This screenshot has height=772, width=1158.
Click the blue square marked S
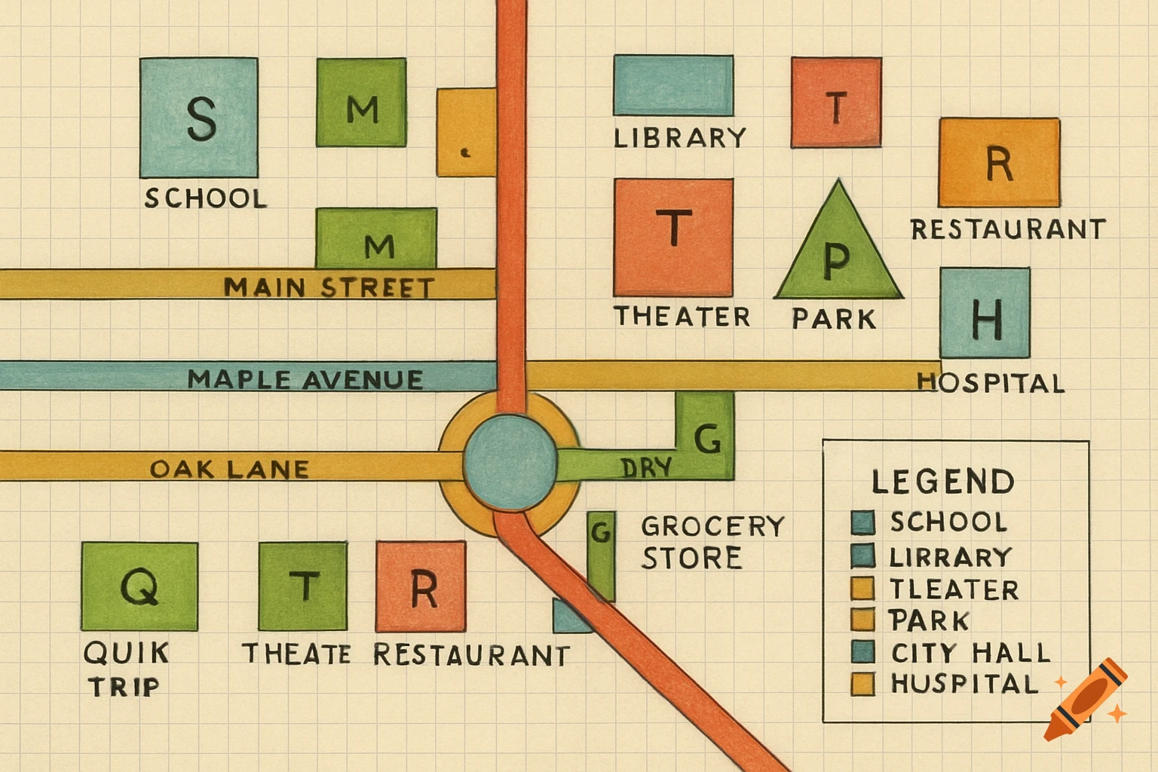point(199,118)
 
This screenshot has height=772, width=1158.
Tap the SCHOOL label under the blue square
point(205,198)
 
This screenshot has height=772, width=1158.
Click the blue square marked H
point(985,312)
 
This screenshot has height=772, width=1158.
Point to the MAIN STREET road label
point(329,287)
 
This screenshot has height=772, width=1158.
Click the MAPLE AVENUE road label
point(305,378)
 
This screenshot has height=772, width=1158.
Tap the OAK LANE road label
point(229,469)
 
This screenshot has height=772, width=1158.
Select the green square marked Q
point(139,586)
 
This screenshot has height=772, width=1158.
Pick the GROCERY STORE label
point(712,541)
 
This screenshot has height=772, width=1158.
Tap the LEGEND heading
point(942,482)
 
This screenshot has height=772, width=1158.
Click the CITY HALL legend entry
point(970,652)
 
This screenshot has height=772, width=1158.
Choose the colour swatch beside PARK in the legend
point(862,620)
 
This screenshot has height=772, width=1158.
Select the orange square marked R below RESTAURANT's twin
point(421,587)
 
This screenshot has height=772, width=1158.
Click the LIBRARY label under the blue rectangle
point(679,138)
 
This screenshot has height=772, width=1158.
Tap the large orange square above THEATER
point(673,237)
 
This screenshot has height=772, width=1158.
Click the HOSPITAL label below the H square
point(991,383)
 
